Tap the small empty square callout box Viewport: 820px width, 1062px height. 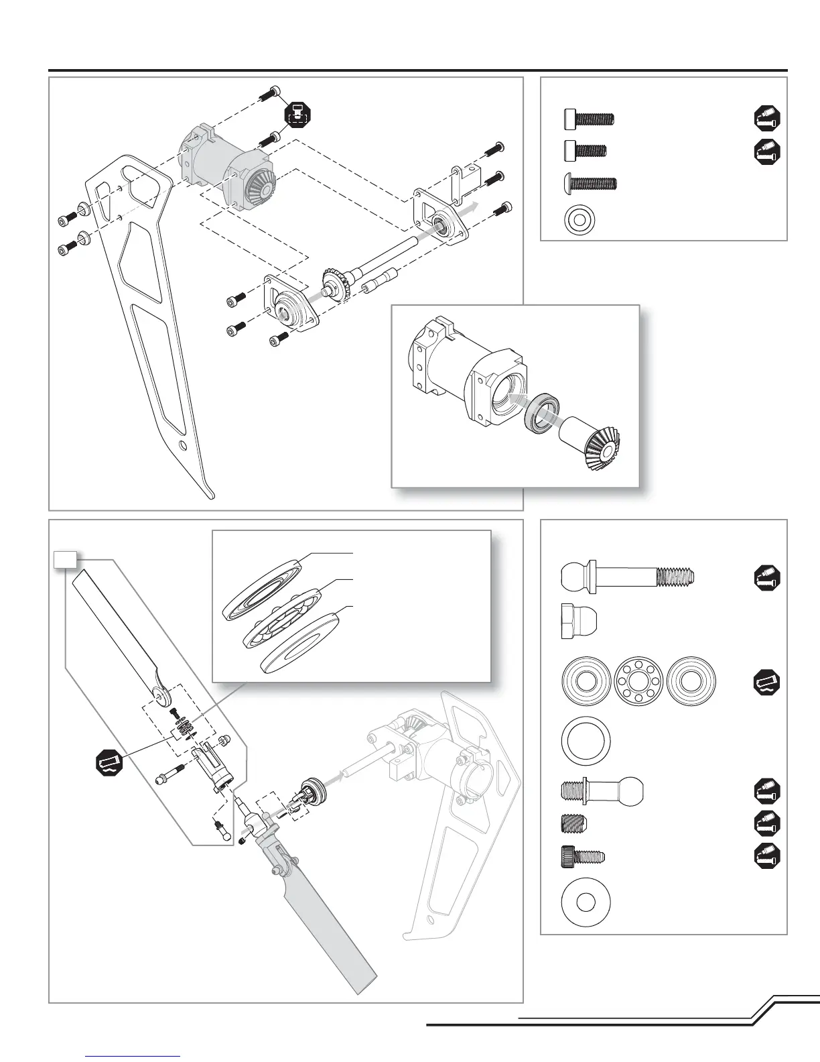point(65,558)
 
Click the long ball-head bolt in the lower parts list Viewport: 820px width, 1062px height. point(628,576)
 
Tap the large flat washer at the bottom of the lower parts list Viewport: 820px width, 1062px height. point(586,902)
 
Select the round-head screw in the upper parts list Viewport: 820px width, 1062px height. point(588,182)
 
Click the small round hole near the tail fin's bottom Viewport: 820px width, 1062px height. point(182,445)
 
